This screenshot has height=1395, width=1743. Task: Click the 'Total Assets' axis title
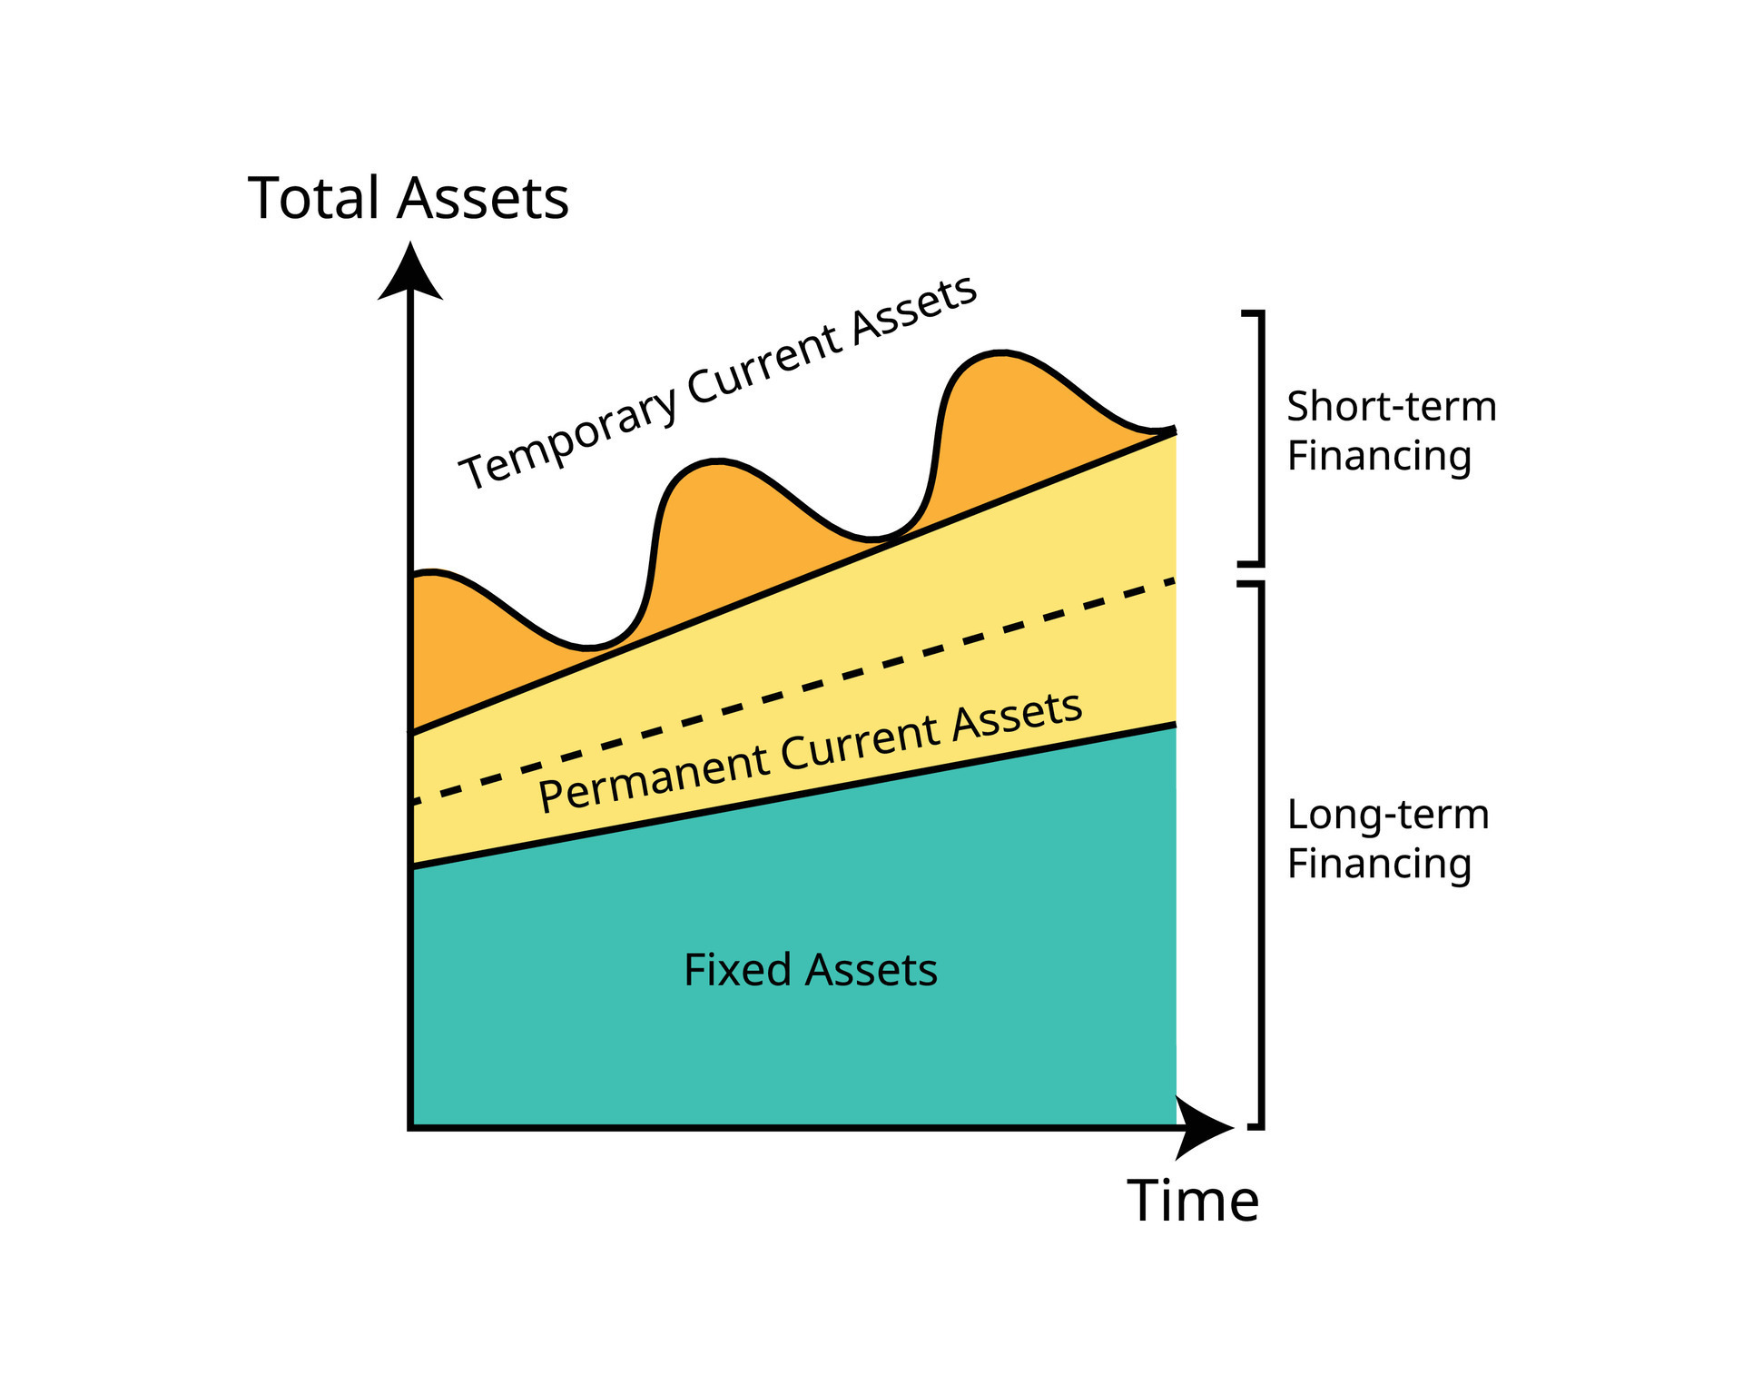pos(408,198)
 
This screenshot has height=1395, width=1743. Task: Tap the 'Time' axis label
pos(1193,1201)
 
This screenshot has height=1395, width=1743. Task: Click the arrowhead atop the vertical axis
pos(410,272)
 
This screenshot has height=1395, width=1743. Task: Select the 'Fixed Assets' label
pos(810,970)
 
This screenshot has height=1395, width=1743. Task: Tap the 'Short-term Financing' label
pos(1391,430)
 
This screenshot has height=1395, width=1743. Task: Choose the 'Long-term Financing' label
pos(1387,838)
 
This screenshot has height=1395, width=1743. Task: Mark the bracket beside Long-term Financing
pos(1259,854)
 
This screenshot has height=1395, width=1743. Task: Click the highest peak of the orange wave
pos(1000,352)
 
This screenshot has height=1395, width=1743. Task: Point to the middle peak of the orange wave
pos(717,462)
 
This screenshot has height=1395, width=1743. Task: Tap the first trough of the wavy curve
pos(588,648)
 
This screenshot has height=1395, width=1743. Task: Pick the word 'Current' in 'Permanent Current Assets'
pos(859,742)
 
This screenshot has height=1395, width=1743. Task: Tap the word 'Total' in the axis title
pos(313,198)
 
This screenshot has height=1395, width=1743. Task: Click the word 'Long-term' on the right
pos(1387,815)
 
